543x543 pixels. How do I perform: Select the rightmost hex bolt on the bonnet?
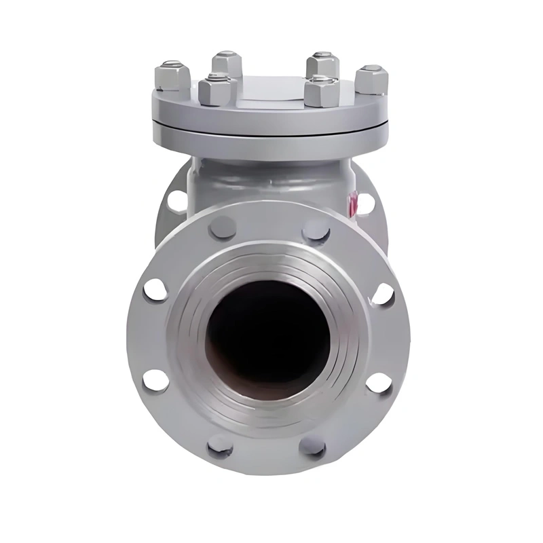[371, 79]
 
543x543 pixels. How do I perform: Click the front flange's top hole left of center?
[223, 227]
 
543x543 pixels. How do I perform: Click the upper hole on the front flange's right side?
[383, 294]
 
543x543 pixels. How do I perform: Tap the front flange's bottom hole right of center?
[313, 447]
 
